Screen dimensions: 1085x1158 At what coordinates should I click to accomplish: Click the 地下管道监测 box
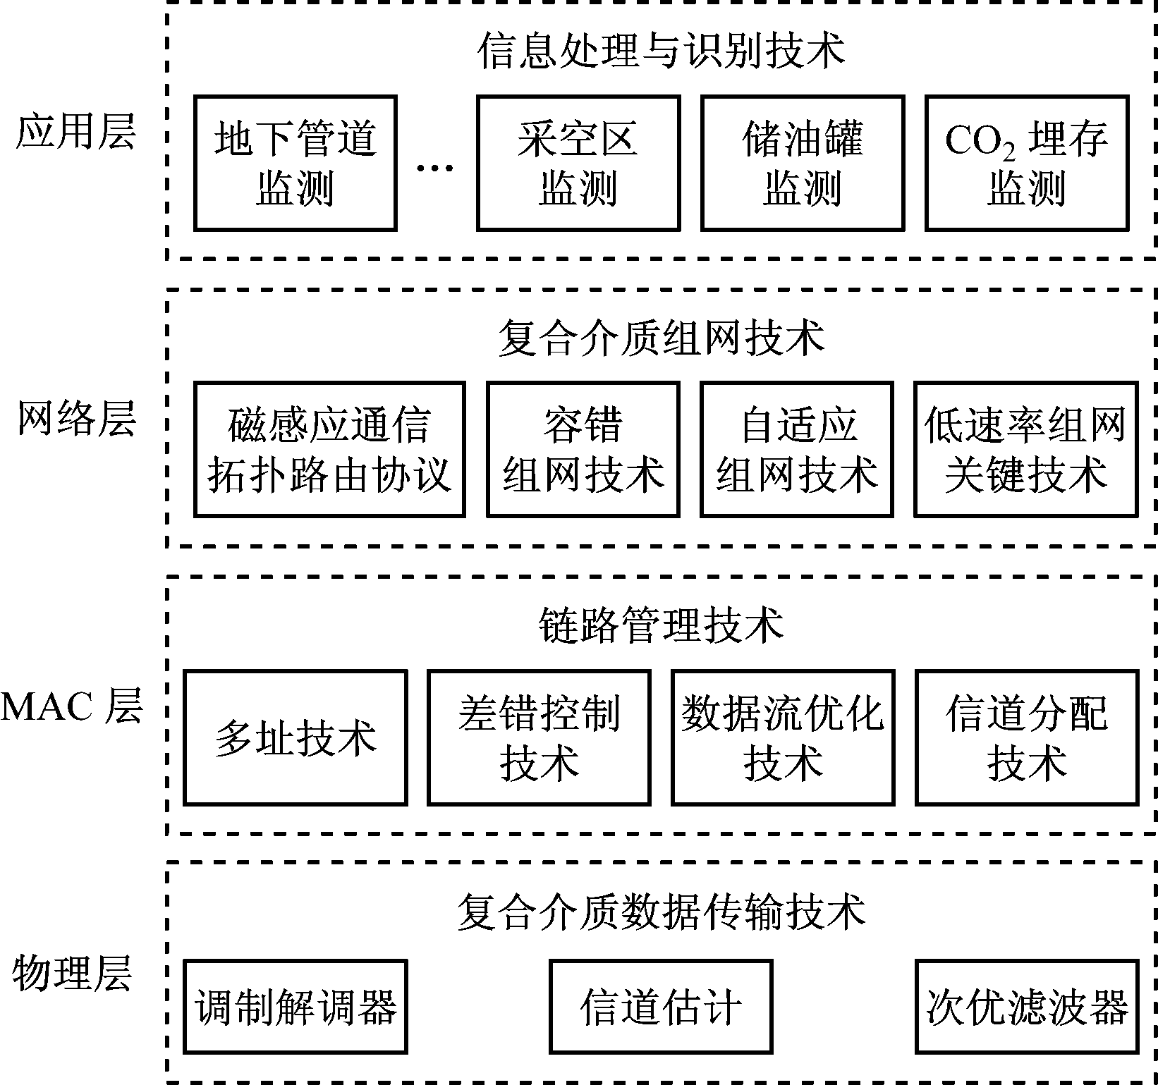(295, 164)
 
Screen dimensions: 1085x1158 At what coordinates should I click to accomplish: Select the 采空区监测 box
(578, 164)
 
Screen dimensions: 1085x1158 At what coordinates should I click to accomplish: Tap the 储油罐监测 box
(802, 164)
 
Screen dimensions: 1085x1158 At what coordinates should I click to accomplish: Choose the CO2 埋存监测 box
(1026, 164)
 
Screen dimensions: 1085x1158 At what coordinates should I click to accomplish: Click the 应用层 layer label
(75, 132)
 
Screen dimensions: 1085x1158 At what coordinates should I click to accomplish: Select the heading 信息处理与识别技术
(661, 51)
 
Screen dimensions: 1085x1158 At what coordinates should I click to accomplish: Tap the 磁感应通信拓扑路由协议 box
(329, 449)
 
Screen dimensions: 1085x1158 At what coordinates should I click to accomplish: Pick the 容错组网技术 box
(583, 449)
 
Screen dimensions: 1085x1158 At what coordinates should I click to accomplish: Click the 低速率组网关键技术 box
(1025, 449)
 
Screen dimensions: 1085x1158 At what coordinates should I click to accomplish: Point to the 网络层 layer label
(75, 419)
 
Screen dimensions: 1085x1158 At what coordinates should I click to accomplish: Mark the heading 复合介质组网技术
(661, 338)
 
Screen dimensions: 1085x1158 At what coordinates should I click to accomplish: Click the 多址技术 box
(295, 737)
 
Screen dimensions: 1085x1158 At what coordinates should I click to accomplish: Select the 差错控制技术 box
(539, 737)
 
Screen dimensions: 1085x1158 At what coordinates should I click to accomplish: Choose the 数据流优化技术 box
(783, 737)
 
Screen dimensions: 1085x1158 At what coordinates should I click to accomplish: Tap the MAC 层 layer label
(72, 706)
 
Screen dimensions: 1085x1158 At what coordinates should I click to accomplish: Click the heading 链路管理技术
(661, 625)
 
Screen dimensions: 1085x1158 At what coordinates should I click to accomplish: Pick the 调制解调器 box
(295, 1007)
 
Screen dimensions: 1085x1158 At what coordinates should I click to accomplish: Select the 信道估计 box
(661, 1007)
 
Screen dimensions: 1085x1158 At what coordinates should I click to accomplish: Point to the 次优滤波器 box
(1026, 1007)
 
